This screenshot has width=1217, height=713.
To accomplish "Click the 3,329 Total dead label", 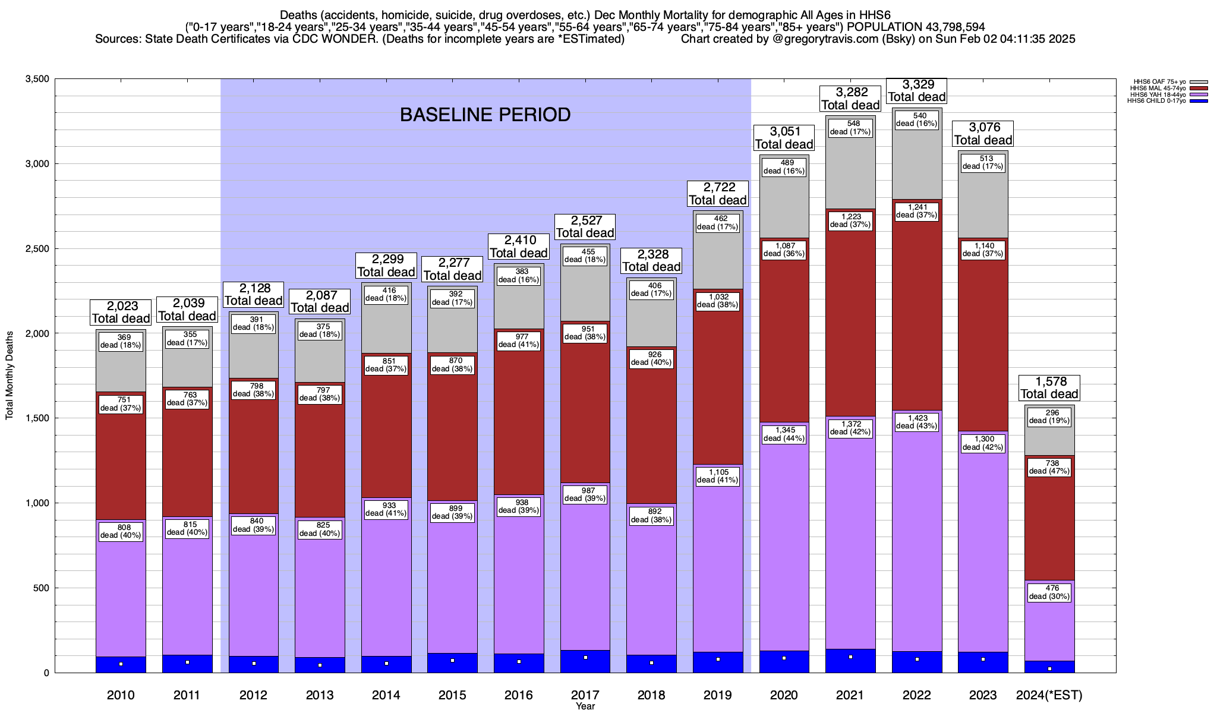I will coord(916,91).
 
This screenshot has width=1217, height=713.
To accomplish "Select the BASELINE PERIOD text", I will coord(485,115).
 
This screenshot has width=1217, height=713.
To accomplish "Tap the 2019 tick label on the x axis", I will coord(717,695).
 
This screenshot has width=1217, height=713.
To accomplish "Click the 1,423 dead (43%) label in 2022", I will coord(916,422).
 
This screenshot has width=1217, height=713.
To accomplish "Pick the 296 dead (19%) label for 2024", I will coord(1049,417).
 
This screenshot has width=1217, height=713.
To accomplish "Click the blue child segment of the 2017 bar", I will coord(585,661).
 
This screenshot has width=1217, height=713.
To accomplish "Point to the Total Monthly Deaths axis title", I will coord(10,376).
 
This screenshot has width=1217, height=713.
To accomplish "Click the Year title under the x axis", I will coord(585,706).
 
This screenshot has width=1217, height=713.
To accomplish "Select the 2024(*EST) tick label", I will coord(1049,695).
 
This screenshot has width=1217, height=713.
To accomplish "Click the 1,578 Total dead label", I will coord(1049,387).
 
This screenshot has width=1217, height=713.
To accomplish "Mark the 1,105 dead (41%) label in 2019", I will coord(717,476).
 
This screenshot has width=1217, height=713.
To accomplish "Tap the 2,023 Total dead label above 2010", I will coord(121,312).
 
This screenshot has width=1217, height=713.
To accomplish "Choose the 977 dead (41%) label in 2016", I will coord(519,340).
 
